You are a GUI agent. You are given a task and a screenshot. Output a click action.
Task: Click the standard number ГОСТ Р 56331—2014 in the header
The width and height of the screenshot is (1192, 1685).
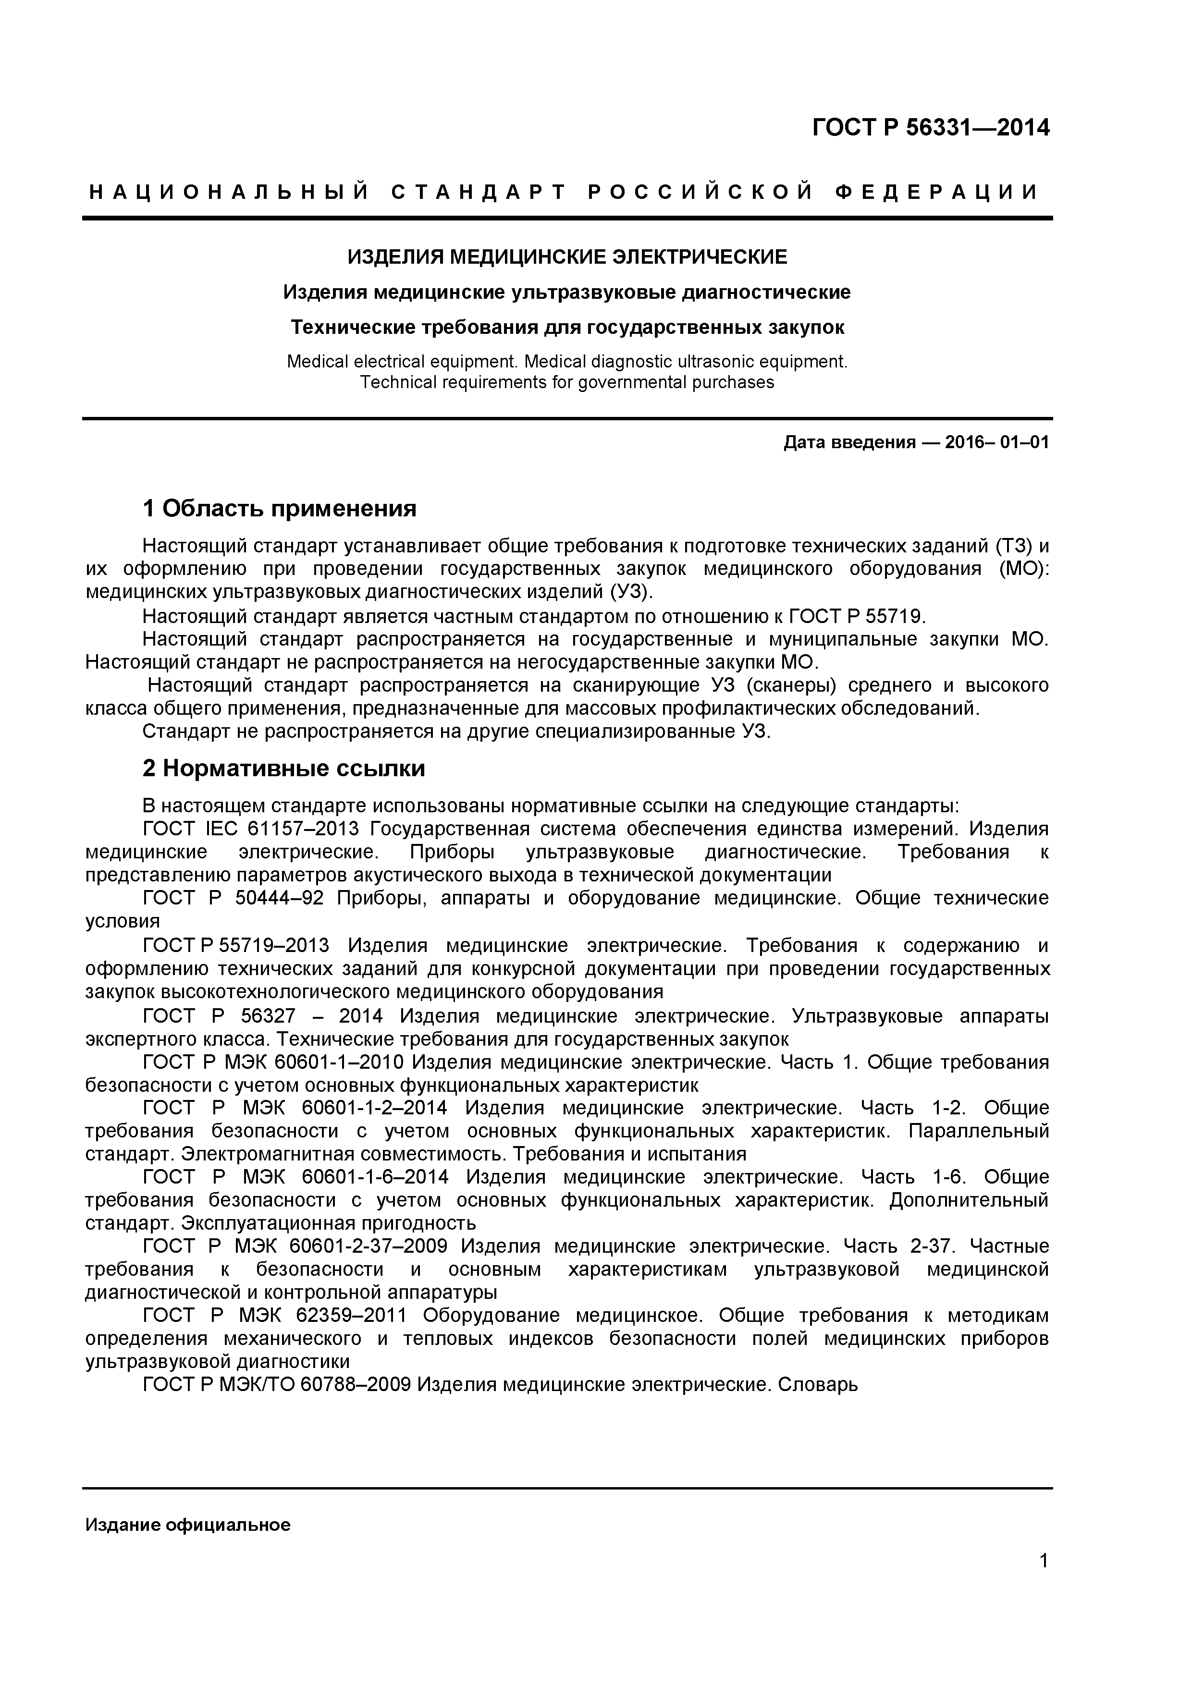click(930, 128)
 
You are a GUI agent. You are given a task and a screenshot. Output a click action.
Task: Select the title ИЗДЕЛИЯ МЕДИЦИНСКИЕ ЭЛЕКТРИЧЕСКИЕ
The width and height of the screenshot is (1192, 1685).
click(566, 257)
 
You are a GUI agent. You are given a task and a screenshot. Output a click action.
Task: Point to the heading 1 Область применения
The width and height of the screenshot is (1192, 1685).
click(279, 508)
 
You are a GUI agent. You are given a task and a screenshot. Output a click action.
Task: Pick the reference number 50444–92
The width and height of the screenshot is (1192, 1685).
click(280, 899)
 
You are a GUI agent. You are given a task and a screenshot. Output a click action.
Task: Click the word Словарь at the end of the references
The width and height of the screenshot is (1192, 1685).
click(817, 1385)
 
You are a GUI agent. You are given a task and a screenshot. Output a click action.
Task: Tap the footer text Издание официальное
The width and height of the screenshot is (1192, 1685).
click(188, 1525)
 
